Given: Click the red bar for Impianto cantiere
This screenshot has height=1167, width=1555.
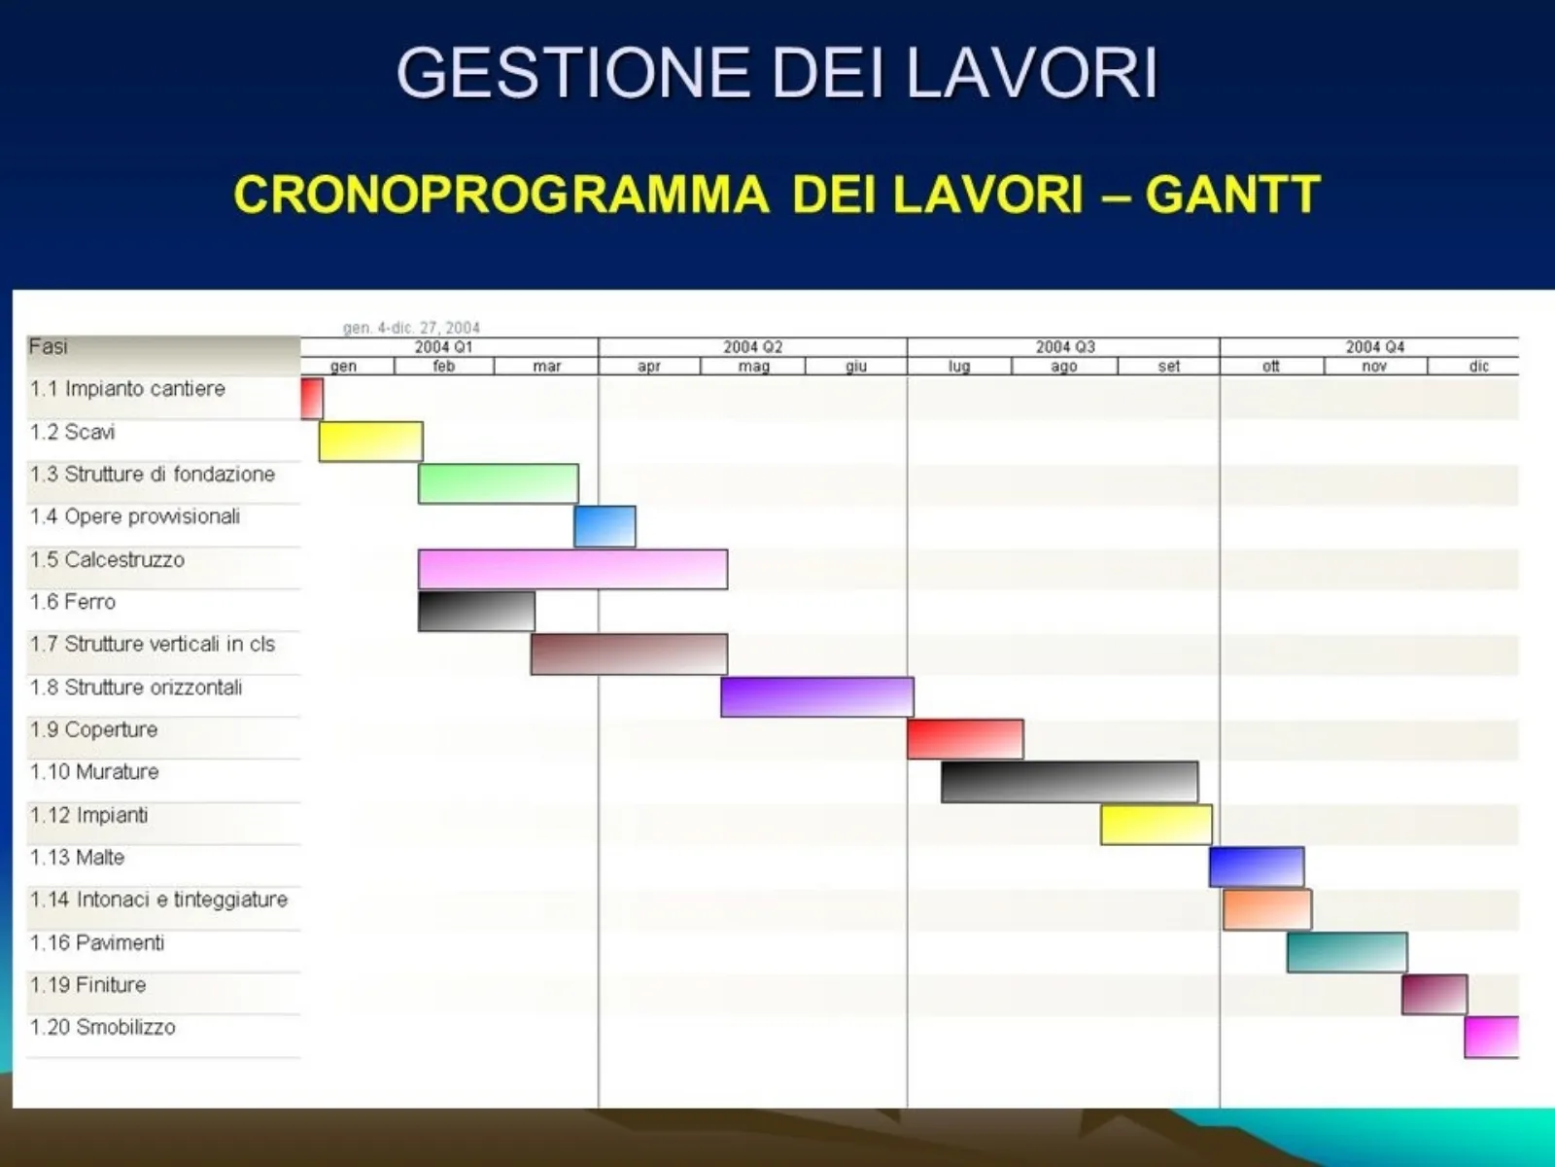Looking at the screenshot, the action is [x=312, y=398].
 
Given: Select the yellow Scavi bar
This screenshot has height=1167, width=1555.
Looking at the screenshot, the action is [x=370, y=442].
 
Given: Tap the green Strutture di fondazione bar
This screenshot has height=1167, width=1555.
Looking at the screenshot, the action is [x=498, y=484].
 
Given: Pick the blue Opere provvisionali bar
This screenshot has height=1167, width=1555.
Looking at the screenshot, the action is [x=605, y=526].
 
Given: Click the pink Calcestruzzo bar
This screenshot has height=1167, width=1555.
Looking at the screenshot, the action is [x=572, y=569].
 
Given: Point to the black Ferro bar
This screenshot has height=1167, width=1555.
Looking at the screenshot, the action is [x=476, y=612].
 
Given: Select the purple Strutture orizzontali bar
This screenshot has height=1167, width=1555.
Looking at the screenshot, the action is [x=816, y=697].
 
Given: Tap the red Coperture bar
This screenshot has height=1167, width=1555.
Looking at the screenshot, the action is [x=965, y=740].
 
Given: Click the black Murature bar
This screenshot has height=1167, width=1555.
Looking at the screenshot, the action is [x=1070, y=782].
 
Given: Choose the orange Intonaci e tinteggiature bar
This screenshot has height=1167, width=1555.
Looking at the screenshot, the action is [x=1266, y=910].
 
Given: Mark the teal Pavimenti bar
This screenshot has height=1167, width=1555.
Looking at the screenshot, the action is [x=1347, y=952].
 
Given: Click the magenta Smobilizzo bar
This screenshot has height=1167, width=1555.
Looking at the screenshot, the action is [x=1492, y=1038].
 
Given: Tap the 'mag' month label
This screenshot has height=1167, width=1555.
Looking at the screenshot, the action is [x=754, y=367].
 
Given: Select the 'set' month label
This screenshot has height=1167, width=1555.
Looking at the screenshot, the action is [x=1169, y=367].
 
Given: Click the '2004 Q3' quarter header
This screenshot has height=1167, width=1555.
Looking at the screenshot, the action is [x=1065, y=347].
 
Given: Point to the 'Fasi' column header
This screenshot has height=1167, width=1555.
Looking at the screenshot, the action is [x=49, y=346].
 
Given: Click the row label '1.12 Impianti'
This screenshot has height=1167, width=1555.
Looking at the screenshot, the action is [x=88, y=816].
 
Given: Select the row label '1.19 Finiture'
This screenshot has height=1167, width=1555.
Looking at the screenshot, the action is [x=87, y=985].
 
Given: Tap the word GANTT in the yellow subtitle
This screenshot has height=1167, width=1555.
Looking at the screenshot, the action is [x=1232, y=194].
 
